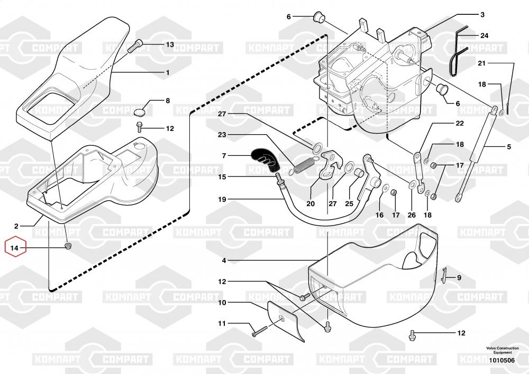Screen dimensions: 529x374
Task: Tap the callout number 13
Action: click(x=170, y=44)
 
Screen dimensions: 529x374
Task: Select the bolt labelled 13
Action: click(x=135, y=46)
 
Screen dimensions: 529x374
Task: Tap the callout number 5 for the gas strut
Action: click(x=509, y=147)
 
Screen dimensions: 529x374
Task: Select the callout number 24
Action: click(x=484, y=35)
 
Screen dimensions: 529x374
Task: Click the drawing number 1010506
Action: click(x=502, y=360)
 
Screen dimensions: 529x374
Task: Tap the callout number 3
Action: click(x=482, y=14)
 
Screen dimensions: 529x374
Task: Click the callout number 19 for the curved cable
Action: click(x=222, y=200)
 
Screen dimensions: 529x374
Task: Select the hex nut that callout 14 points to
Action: click(x=68, y=246)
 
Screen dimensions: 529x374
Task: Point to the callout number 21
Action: click(x=482, y=63)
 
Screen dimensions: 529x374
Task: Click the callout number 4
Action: click(x=224, y=260)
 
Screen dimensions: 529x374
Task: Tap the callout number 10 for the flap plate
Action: click(x=222, y=303)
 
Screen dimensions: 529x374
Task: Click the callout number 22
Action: click(x=460, y=123)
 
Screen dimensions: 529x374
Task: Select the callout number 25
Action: click(x=349, y=203)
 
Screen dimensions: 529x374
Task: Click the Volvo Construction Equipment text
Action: click(x=503, y=350)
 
